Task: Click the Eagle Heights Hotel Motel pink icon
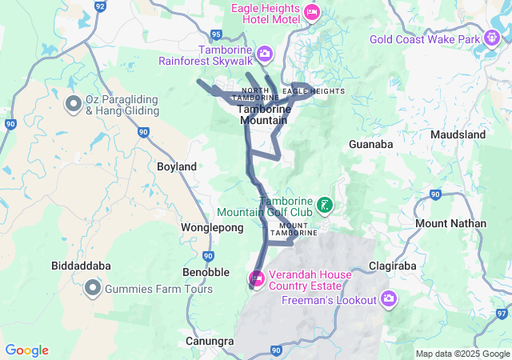[x=312, y=12]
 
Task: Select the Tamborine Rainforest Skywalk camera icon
[x=265, y=54]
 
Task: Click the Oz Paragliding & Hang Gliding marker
[x=73, y=104]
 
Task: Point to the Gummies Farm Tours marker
[x=93, y=288]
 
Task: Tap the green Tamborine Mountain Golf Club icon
[x=325, y=206]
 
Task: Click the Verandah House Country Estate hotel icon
[x=257, y=278]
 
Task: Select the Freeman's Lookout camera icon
[x=389, y=299]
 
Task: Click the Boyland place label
[x=177, y=166]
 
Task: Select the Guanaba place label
[x=370, y=145]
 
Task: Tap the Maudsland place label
[x=458, y=135]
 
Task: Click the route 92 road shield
[x=100, y=6]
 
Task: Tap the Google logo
[x=26, y=350]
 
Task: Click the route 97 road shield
[x=502, y=313]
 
